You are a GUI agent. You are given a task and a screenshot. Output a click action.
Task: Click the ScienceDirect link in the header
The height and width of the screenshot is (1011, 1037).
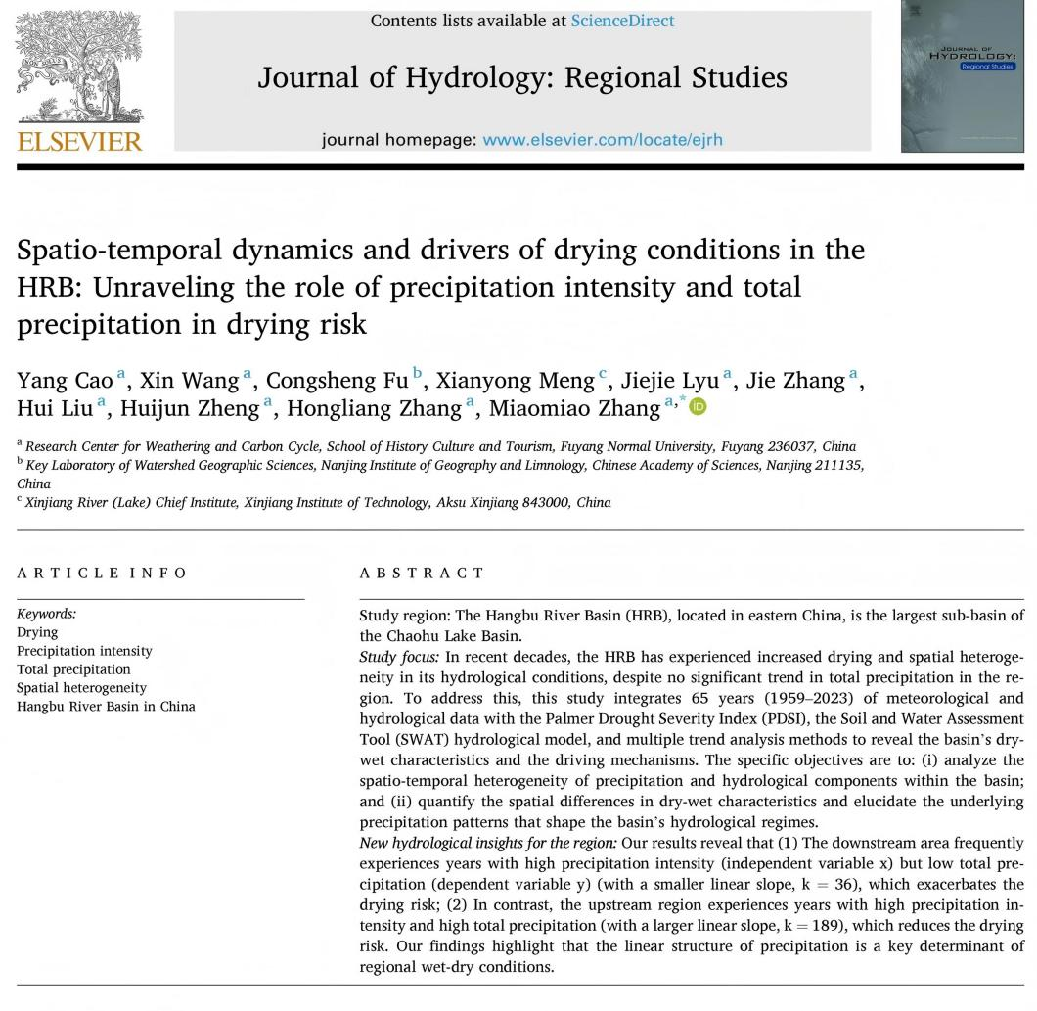[622, 21]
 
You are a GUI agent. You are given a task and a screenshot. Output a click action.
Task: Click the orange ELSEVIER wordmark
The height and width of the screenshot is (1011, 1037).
[79, 142]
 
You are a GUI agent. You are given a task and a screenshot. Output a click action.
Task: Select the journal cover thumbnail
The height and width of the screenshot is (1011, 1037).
[964, 76]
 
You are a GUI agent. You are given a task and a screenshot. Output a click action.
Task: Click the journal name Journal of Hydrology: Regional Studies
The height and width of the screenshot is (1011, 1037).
[521, 77]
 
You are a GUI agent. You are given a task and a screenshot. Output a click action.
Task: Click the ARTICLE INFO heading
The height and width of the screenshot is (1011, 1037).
[101, 574]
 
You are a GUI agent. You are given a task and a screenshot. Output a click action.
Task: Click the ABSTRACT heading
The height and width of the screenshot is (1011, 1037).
[422, 574]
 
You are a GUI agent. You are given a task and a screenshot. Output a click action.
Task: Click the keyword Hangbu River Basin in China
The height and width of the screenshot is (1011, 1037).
[106, 707]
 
